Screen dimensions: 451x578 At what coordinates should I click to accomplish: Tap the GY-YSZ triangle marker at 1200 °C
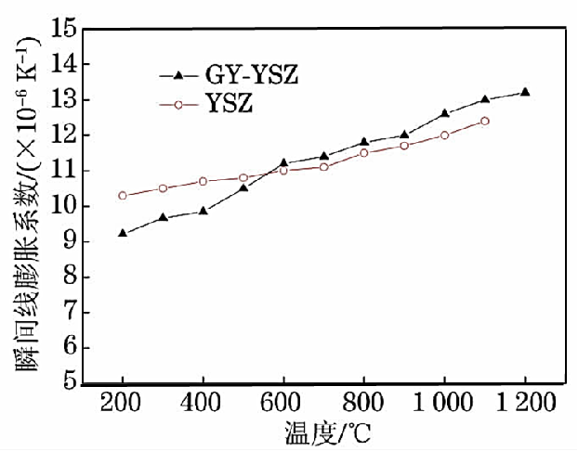[525, 92]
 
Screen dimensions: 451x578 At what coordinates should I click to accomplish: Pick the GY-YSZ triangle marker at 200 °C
[123, 233]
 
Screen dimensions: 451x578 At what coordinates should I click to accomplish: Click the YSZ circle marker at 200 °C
[123, 196]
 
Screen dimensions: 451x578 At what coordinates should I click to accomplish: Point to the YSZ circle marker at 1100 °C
[485, 121]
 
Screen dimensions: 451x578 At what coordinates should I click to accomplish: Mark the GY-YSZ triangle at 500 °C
[243, 187]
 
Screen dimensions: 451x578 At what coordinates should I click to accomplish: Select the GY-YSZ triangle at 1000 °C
[444, 113]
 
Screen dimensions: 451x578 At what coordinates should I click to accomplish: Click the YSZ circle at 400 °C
[203, 181]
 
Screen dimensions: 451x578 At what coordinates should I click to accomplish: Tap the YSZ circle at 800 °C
[364, 152]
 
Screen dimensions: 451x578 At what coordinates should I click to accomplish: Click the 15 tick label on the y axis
[63, 29]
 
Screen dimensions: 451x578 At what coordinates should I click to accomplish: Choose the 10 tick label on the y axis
[63, 206]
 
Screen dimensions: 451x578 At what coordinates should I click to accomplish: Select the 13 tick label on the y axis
[63, 99]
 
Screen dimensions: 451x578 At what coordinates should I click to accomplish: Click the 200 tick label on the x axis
[123, 404]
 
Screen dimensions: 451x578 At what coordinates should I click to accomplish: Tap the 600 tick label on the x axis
[283, 404]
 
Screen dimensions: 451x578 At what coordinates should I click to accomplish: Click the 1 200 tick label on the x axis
[523, 404]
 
